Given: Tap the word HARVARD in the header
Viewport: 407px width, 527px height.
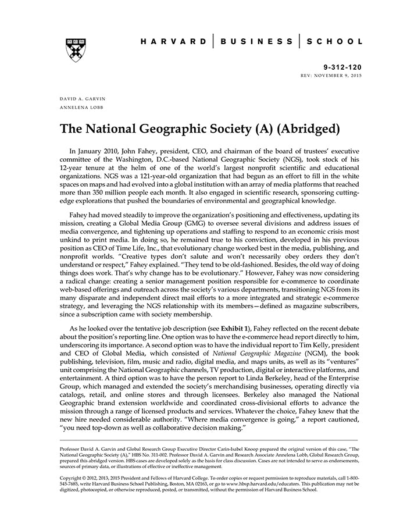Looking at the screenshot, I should [x=173, y=42].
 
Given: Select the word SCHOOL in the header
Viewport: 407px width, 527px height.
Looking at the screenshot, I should [x=335, y=42].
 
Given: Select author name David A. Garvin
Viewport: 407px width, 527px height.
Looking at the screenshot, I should [x=83, y=99].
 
